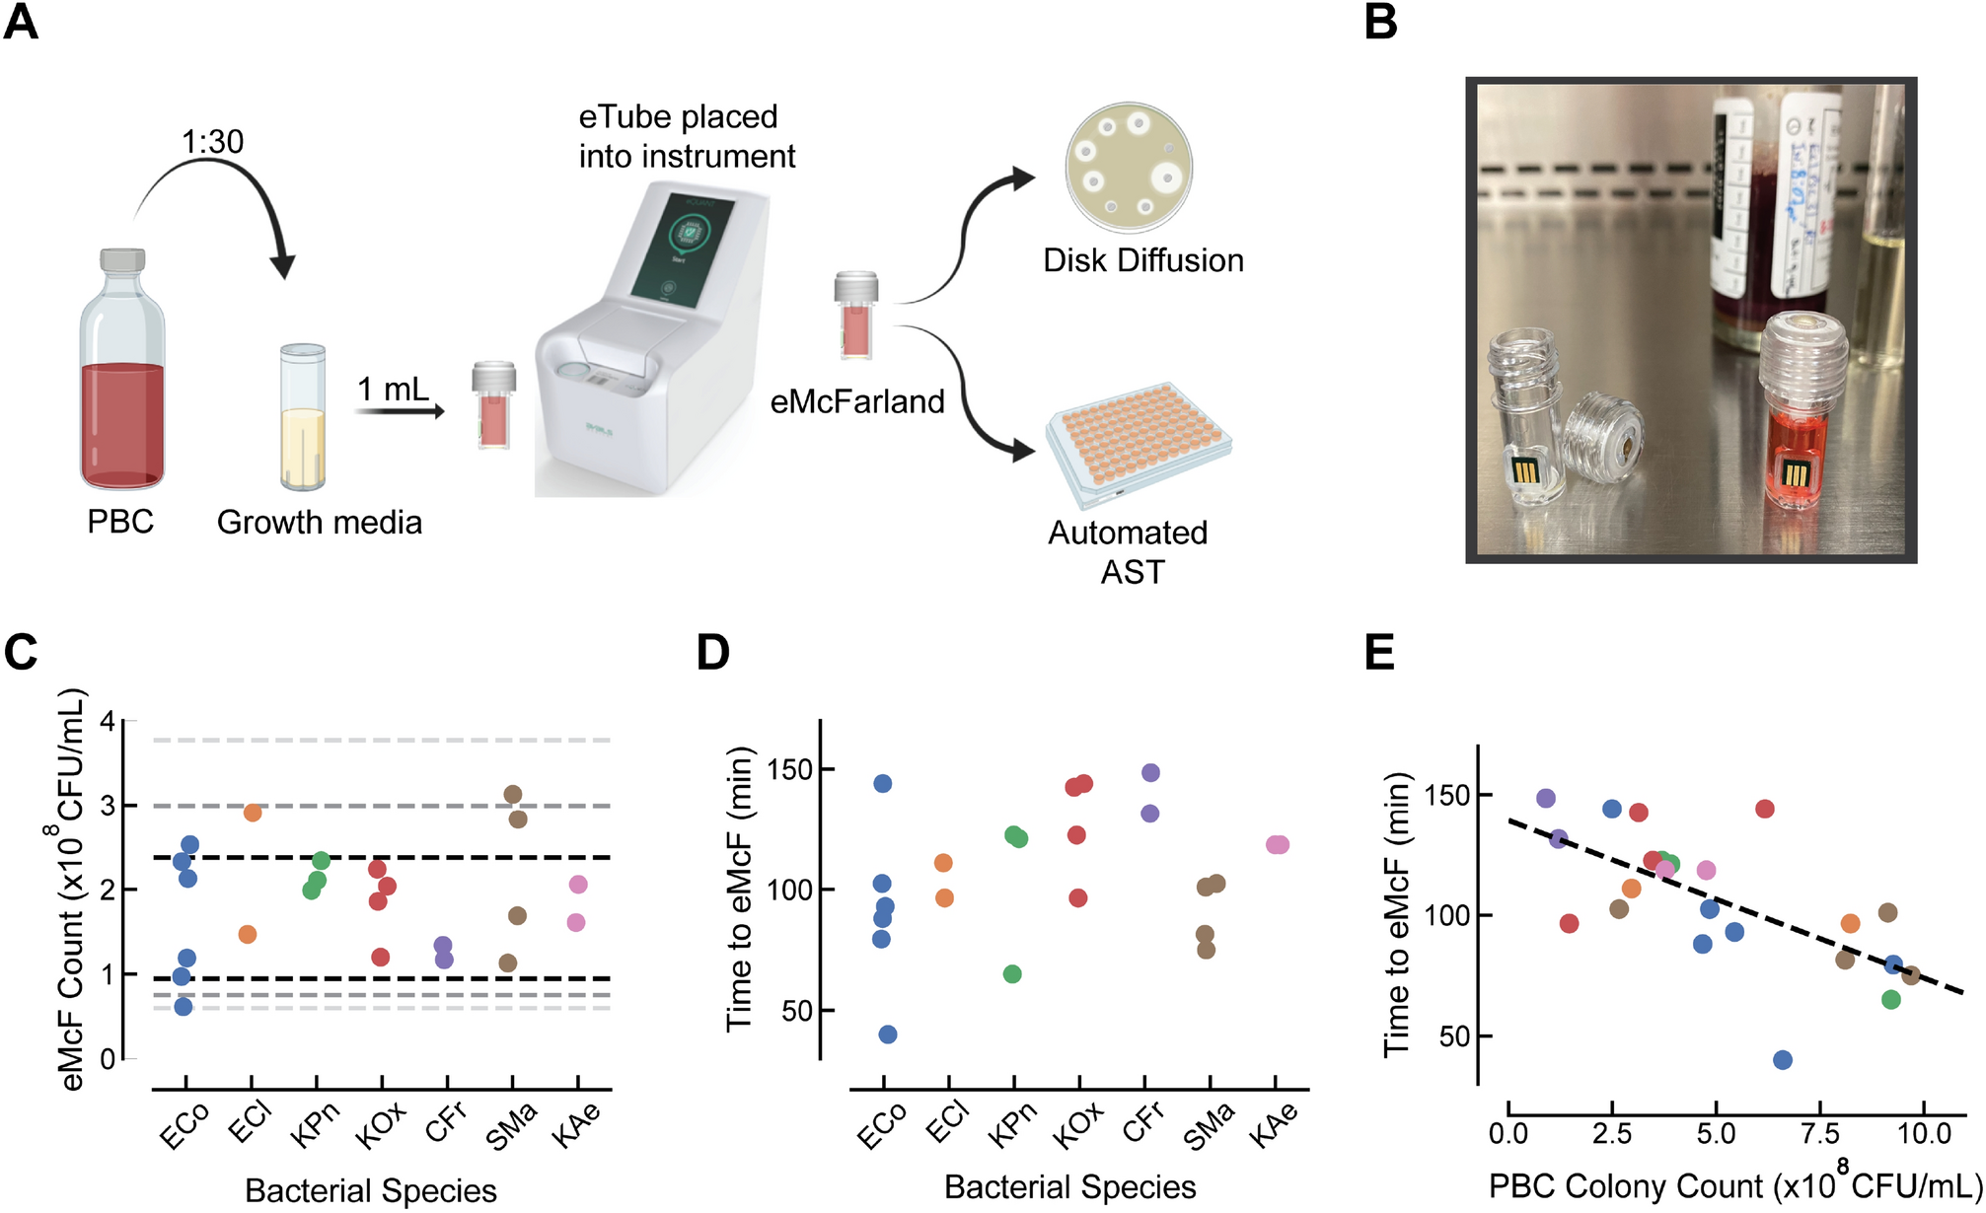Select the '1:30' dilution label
click(x=212, y=142)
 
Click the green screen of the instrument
click(x=684, y=250)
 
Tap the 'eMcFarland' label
click(x=857, y=402)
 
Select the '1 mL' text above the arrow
click(x=393, y=390)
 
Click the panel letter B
click(x=1380, y=22)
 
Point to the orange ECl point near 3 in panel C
click(x=253, y=813)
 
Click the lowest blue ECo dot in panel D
click(x=888, y=1035)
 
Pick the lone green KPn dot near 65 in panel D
click(x=1012, y=974)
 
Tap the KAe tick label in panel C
click(x=576, y=1126)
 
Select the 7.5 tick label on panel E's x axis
click(x=1820, y=1134)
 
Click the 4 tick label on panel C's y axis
click(x=108, y=722)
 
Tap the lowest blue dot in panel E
click(x=1783, y=1060)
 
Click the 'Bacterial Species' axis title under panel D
click(x=1069, y=1187)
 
